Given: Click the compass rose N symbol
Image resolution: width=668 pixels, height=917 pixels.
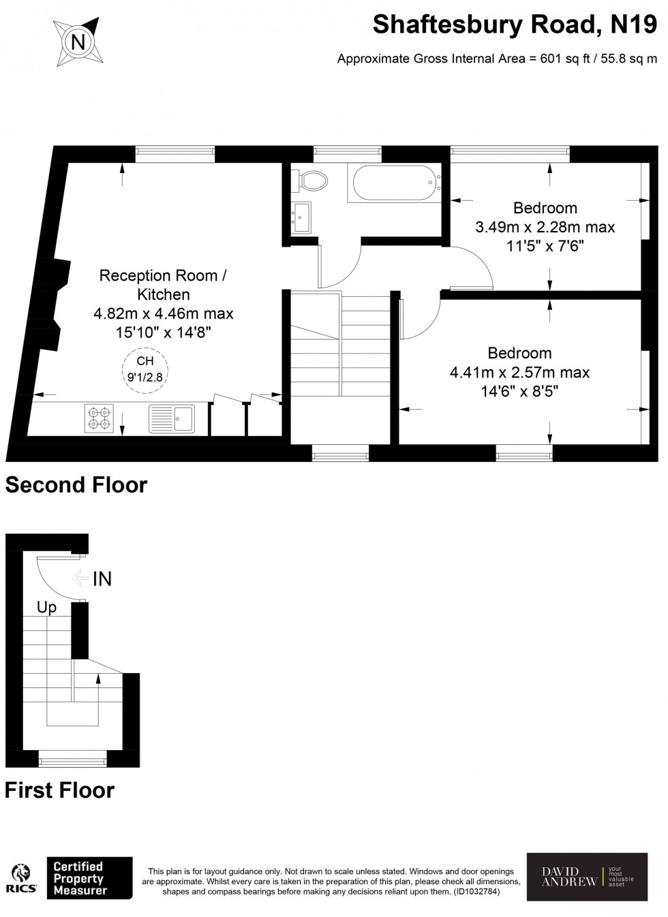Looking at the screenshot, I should [x=78, y=42].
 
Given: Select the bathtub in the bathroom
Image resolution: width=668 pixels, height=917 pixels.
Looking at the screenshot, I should [x=395, y=183].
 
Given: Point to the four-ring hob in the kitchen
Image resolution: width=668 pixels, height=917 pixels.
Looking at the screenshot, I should [x=99, y=418].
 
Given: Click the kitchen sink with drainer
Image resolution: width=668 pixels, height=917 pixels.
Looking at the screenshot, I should [x=172, y=418].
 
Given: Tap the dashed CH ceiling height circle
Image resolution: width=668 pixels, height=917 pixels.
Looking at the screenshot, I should [x=145, y=369].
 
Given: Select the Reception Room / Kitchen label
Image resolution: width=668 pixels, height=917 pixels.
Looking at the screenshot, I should [x=163, y=285].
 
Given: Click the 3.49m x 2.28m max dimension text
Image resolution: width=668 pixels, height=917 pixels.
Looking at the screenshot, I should [x=545, y=227].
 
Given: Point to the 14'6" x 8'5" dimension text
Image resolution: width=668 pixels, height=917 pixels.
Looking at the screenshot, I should [x=519, y=391].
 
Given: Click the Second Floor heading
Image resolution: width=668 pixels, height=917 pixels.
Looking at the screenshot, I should [x=76, y=485].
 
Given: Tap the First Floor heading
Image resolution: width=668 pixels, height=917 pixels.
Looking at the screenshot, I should [x=60, y=790].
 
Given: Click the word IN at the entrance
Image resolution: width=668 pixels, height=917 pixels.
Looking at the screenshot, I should [x=102, y=579].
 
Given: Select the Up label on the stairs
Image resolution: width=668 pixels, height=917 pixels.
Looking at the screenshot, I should [x=46, y=607].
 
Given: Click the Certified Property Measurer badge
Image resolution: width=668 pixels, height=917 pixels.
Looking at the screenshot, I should [x=89, y=877].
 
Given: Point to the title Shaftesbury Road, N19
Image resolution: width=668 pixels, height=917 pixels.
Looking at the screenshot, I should [x=515, y=25].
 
